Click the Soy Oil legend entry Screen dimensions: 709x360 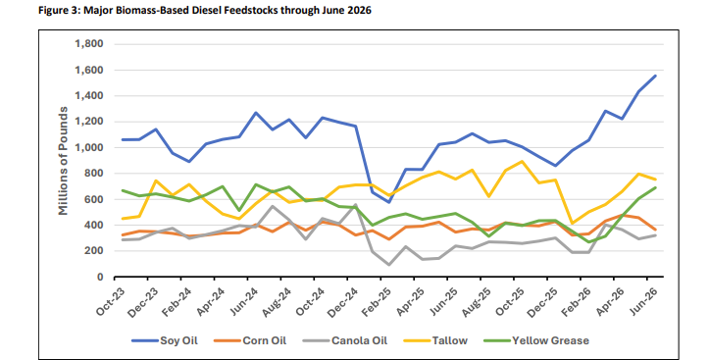click(165, 340)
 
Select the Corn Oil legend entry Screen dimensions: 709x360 click(250, 340)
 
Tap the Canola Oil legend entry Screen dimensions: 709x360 click(345, 340)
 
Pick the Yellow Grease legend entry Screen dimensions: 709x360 click(536, 340)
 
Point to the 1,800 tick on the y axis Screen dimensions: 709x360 click(88, 44)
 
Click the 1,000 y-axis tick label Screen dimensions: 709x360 click(88, 147)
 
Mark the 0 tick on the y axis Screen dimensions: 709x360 click(100, 277)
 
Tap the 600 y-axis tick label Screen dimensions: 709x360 click(94, 199)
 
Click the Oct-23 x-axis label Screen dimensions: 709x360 click(110, 302)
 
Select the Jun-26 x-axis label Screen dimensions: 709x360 click(645, 299)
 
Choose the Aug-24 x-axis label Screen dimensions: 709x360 click(277, 302)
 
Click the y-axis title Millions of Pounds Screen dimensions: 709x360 click(63, 161)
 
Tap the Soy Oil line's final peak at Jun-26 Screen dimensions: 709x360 click(655, 76)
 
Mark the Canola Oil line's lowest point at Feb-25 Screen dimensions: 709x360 click(388, 265)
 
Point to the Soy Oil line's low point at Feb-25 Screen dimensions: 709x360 click(388, 202)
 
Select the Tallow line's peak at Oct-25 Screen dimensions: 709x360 click(523, 161)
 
